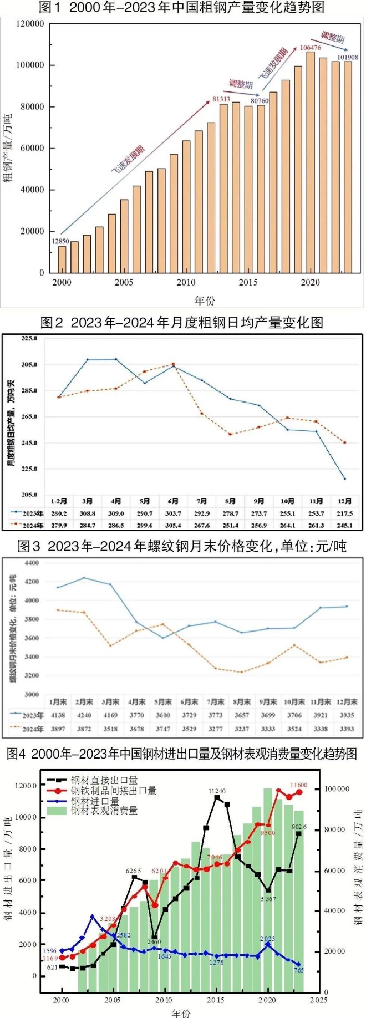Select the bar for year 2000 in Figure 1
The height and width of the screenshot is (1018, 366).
point(62,259)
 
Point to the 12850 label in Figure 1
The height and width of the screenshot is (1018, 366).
point(60,241)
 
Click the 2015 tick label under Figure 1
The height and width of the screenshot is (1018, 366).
point(248,282)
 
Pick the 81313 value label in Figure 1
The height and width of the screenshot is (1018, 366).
point(221,99)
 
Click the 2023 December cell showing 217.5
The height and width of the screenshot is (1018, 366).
point(344,513)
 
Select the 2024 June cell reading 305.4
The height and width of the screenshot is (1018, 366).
point(173,525)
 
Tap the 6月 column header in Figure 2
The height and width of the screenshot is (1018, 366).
point(173,501)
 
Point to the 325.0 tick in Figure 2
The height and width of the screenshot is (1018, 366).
point(29,338)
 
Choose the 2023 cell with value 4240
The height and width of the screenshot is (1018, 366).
point(84,715)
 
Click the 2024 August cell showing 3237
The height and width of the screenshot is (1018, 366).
point(242,729)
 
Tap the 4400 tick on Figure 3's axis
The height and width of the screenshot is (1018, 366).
point(32,563)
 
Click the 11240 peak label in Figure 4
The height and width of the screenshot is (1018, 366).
point(217,791)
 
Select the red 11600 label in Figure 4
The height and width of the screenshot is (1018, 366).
point(298,785)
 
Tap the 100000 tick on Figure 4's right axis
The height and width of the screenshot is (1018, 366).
point(337,789)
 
